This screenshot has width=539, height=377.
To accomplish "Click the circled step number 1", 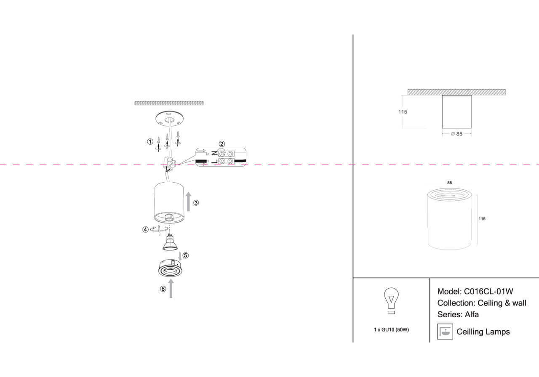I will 150,142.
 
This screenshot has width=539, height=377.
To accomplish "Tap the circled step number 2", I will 221,144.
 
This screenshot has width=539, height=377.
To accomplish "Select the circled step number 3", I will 196,203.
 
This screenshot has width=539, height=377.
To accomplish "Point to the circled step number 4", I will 145,230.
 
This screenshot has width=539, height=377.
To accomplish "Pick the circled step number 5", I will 186,255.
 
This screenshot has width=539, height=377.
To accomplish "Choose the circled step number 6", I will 163,289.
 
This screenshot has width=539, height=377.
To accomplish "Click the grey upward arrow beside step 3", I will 188,202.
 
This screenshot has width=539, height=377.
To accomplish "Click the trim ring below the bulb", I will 169,268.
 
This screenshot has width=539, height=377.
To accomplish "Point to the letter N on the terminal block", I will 214,153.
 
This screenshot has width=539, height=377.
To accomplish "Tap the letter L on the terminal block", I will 214,161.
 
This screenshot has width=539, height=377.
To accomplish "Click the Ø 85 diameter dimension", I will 456,134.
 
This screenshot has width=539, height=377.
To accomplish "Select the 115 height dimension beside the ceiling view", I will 403,112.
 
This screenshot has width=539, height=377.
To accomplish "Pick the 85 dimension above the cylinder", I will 450,183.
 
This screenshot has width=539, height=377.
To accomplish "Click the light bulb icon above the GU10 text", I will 391,301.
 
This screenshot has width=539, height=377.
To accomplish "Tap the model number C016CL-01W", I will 488,291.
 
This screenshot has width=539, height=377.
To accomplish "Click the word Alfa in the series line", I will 472,314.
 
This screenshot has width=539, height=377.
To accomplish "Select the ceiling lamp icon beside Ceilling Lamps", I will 445,332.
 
